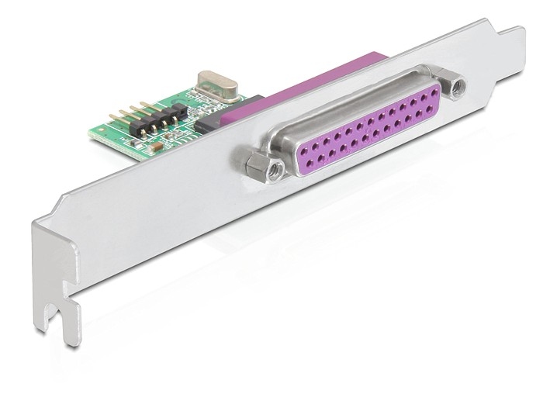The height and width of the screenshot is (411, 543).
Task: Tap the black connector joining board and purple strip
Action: coord(207,123)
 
